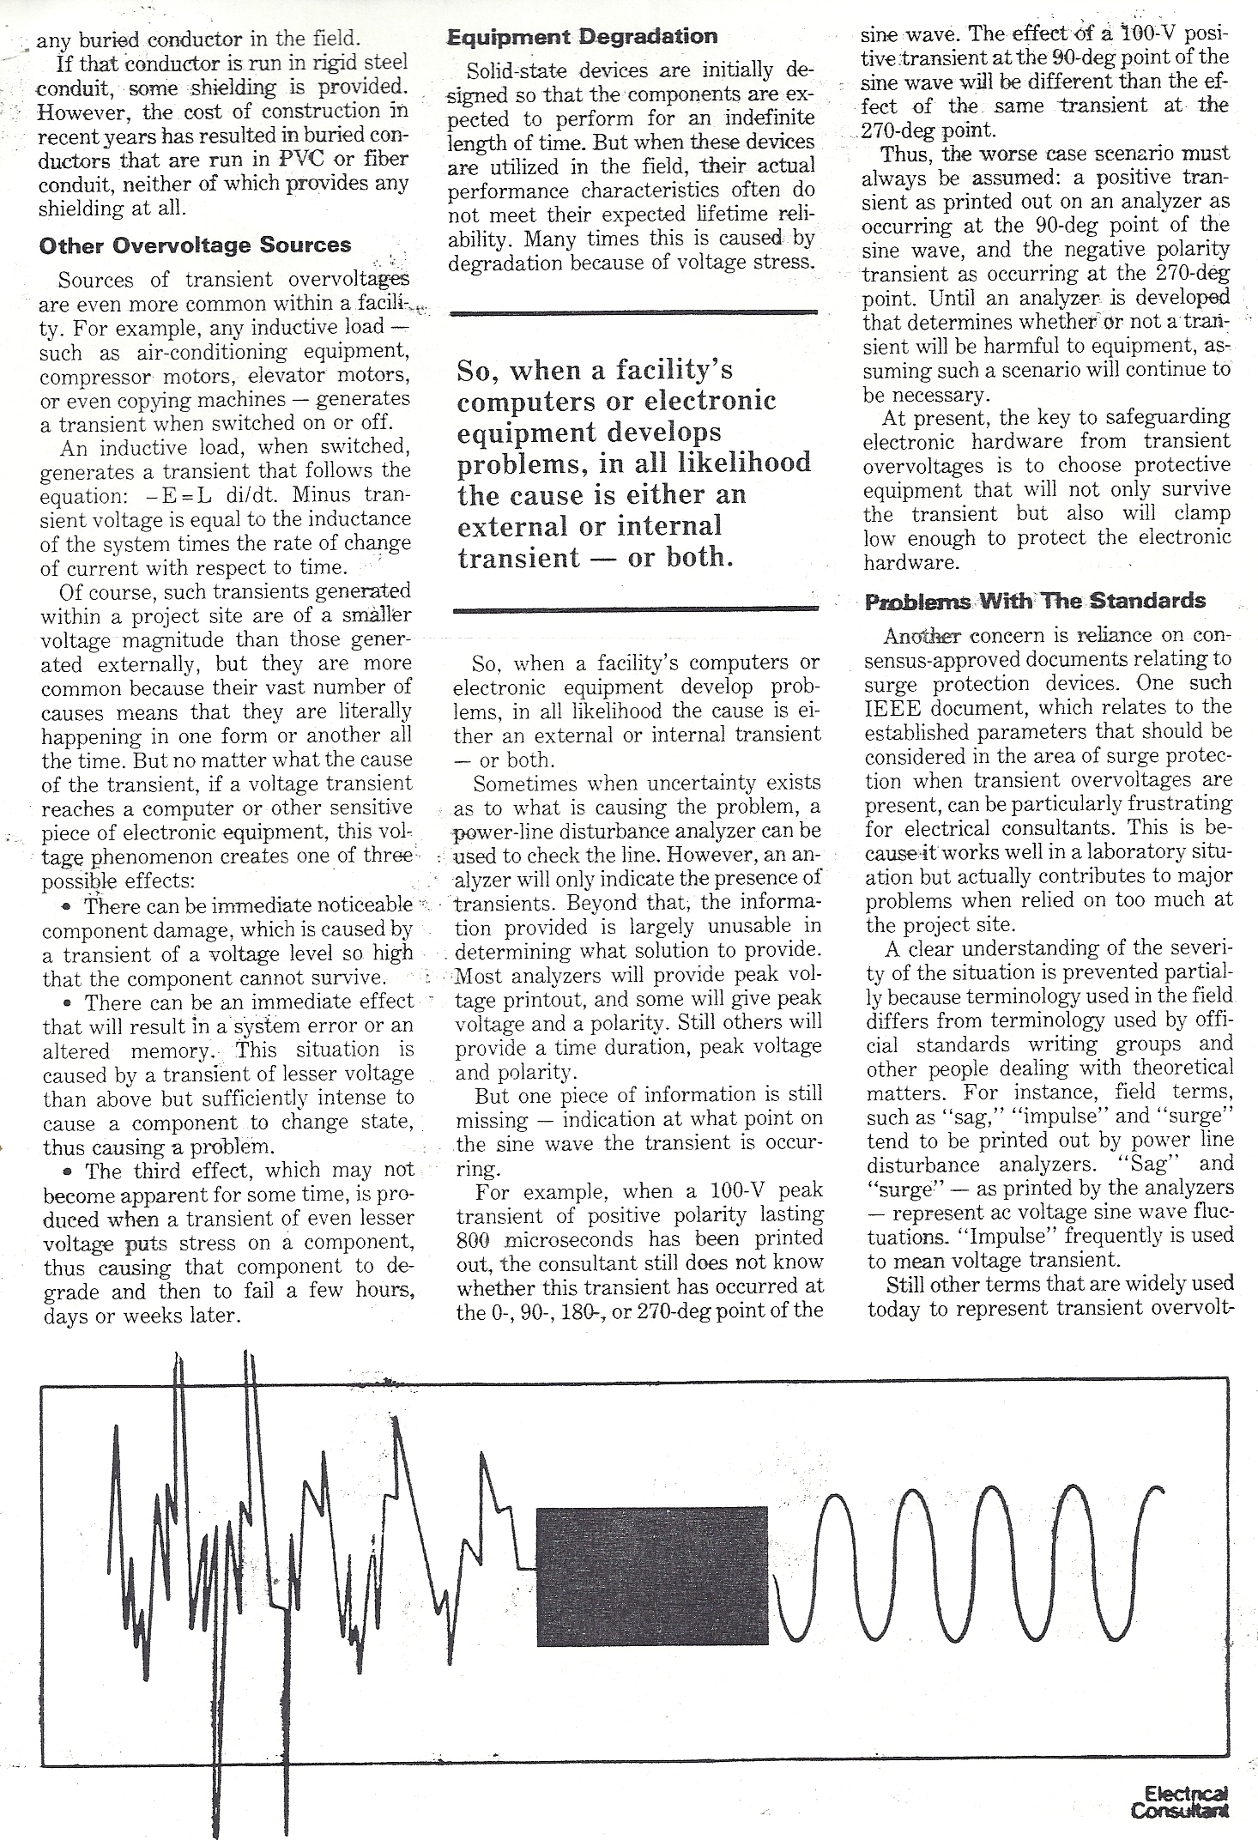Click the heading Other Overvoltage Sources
195,245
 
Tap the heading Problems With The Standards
1035,601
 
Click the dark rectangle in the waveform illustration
652,1576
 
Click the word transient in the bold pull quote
506,558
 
